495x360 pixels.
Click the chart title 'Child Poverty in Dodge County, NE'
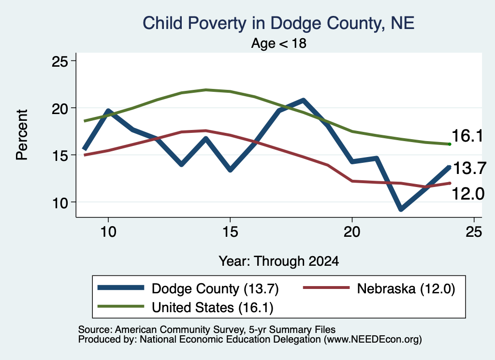(x=278, y=23)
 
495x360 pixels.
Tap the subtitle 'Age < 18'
(x=279, y=43)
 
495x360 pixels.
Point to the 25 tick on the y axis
(x=60, y=61)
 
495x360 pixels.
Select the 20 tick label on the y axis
(x=60, y=108)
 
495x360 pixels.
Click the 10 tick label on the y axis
(x=60, y=202)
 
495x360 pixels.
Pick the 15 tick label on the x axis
(x=230, y=232)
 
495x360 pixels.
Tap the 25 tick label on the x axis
(x=474, y=232)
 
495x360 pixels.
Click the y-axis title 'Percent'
(x=22, y=135)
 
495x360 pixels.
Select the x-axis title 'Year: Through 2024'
(x=279, y=261)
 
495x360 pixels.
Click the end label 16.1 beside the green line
(x=467, y=136)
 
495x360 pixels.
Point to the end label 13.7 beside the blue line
(x=469, y=168)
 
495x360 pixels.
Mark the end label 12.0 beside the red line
(x=468, y=193)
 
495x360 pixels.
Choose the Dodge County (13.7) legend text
(x=215, y=288)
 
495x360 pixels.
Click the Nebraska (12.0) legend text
(x=406, y=288)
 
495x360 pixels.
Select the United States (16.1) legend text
(x=213, y=307)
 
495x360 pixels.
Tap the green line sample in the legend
(x=121, y=306)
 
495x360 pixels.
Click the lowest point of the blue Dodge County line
(x=401, y=209)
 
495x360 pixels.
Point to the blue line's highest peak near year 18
(x=303, y=101)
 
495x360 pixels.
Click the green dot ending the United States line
(x=450, y=144)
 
